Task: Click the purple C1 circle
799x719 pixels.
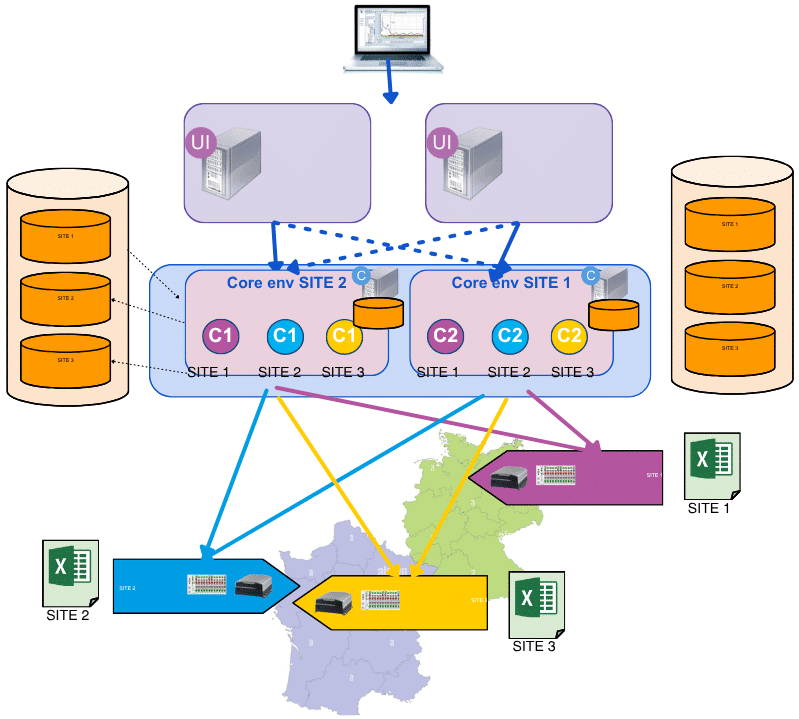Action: [220, 335]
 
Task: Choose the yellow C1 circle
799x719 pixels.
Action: [344, 335]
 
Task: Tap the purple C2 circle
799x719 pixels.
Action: [445, 335]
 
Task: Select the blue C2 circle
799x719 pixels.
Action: [510, 335]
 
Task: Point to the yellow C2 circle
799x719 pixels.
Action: [569, 335]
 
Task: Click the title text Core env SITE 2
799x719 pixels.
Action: [286, 283]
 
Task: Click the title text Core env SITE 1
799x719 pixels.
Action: [511, 283]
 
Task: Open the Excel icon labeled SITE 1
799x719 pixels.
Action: [711, 466]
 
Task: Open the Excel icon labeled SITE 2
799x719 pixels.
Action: [69, 572]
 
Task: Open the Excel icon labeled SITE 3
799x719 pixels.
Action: [535, 604]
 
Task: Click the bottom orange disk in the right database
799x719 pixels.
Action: [729, 347]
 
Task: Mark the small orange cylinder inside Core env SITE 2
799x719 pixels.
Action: [379, 313]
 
